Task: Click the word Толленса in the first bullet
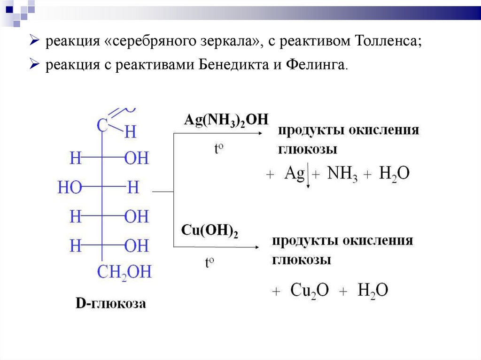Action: pyautogui.click(x=386, y=41)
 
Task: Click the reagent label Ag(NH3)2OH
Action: pyautogui.click(x=226, y=120)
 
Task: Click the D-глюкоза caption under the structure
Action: pyautogui.click(x=111, y=304)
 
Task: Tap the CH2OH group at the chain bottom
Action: pyautogui.click(x=124, y=272)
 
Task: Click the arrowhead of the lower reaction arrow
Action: pyautogui.click(x=258, y=247)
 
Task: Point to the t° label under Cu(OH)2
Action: pyautogui.click(x=209, y=262)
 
